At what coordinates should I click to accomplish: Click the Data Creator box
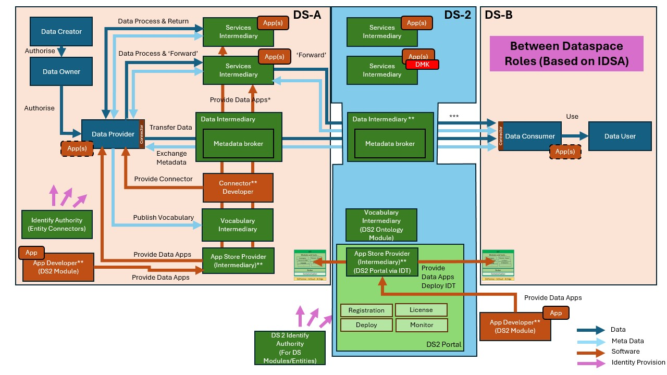point(61,32)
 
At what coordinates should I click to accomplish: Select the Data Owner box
point(61,71)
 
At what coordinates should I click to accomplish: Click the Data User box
point(620,136)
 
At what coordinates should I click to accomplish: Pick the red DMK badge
point(422,64)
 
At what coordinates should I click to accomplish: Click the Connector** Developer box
point(238,187)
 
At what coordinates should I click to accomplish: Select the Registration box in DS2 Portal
point(366,310)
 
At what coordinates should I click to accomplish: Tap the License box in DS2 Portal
point(421,310)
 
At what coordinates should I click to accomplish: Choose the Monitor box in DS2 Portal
point(421,325)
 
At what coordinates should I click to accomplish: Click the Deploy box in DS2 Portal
point(366,325)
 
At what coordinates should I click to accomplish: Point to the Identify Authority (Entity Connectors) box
point(56,224)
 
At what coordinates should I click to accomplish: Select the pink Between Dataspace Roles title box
point(566,54)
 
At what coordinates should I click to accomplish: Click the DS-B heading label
point(499,15)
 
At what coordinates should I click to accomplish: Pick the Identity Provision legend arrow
point(591,362)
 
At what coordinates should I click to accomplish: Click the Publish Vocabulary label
point(163,217)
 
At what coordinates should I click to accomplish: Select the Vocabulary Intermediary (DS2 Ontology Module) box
point(382,225)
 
